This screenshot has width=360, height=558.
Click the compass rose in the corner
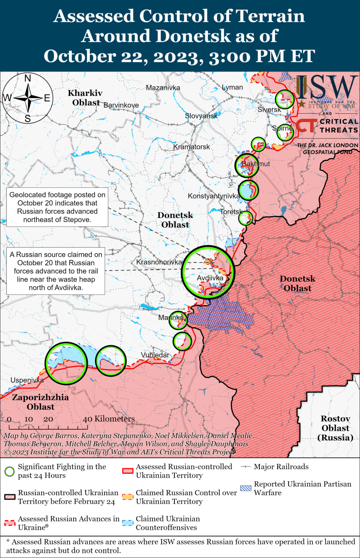click(x=27, y=98)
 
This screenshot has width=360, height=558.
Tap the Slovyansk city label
click(x=201, y=116)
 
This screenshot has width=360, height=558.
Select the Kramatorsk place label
click(x=191, y=147)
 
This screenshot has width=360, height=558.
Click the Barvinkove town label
click(x=121, y=105)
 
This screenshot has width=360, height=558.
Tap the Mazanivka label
click(x=163, y=88)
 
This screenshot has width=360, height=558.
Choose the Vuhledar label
click(x=155, y=355)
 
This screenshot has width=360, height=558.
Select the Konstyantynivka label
click(x=214, y=196)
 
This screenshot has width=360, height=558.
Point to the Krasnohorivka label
click(x=159, y=262)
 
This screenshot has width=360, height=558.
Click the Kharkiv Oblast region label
click(x=85, y=98)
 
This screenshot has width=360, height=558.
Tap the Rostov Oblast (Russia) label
click(x=336, y=428)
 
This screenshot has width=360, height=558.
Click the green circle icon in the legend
click(x=9, y=471)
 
